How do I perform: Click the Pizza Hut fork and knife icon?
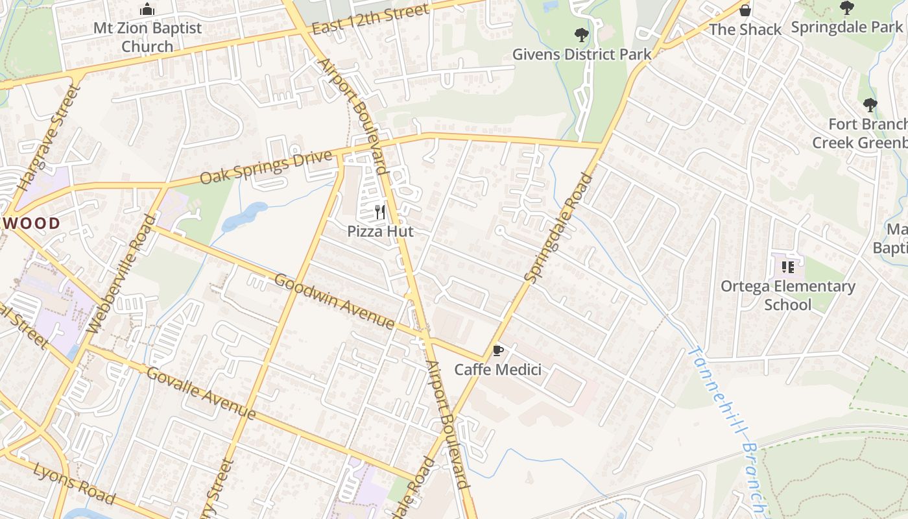click(380, 212)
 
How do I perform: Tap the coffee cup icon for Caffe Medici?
click(497, 351)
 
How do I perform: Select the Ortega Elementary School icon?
click(788, 267)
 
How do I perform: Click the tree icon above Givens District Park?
click(581, 35)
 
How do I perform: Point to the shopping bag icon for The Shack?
click(745, 10)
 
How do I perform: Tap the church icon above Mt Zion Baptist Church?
click(147, 10)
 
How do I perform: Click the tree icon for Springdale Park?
click(846, 8)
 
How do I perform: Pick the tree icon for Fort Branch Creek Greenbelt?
click(870, 105)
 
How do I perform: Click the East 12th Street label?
click(370, 20)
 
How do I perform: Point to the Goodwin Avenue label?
click(334, 301)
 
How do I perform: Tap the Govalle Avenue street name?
click(201, 393)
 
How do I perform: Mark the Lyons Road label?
click(74, 484)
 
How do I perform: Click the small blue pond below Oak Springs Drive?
click(245, 217)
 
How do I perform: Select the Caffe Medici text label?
click(497, 370)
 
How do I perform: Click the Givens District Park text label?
click(582, 54)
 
